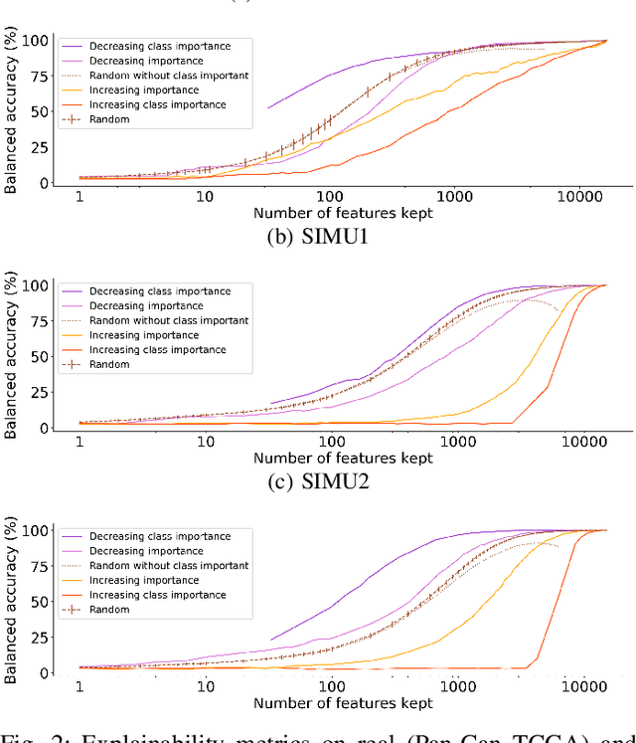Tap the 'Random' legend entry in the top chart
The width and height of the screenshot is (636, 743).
[108, 119]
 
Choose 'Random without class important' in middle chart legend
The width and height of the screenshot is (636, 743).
[169, 320]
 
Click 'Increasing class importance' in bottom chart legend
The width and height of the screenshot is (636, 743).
[158, 595]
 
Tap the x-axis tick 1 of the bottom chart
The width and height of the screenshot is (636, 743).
[79, 687]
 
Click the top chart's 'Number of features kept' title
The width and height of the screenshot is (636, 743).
[343, 214]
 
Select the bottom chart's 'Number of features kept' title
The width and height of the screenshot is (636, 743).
[343, 703]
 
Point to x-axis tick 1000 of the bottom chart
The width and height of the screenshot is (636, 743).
[455, 687]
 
